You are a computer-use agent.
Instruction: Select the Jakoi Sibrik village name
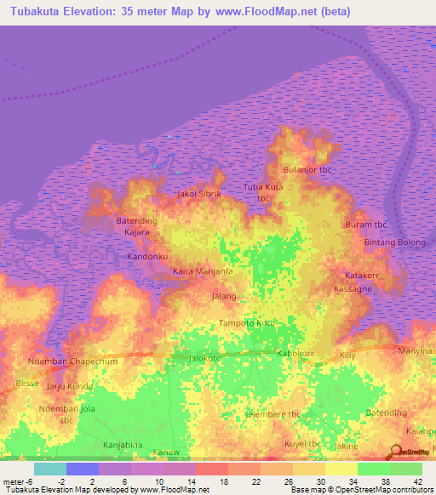coord(198,194)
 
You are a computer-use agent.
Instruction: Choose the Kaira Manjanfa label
coord(203,271)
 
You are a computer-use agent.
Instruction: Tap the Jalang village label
coord(223,296)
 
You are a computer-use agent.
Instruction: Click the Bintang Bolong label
coord(394,242)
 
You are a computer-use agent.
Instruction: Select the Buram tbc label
coord(366,225)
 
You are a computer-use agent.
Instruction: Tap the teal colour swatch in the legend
coord(49,469)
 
